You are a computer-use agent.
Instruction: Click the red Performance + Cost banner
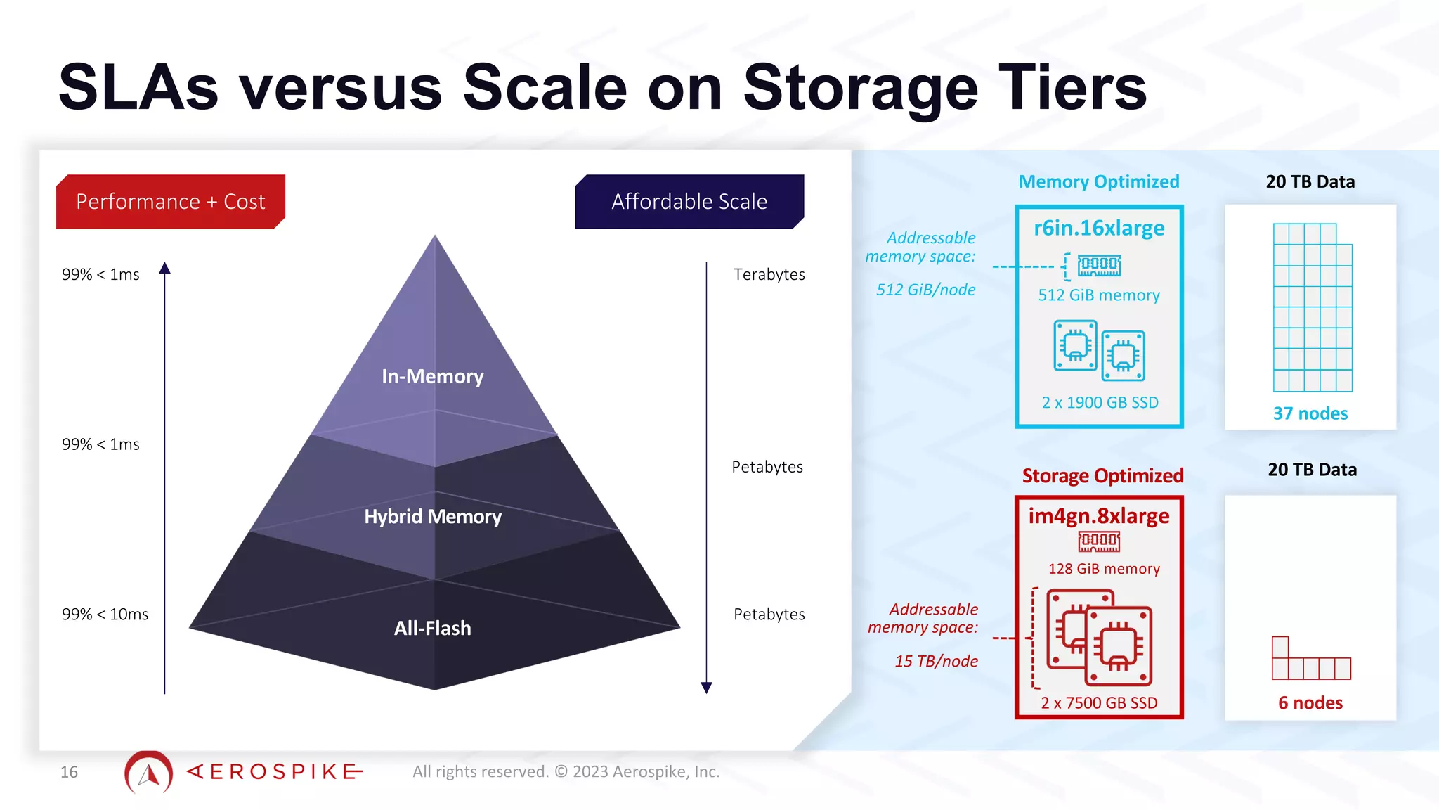click(170, 202)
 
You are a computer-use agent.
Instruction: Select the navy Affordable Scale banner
click(689, 202)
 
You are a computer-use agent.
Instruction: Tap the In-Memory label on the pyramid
click(433, 377)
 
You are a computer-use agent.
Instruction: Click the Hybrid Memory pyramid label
click(433, 517)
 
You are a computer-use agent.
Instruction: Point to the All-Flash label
click(432, 628)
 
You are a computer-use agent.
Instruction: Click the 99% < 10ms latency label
click(105, 615)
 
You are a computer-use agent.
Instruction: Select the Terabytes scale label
click(769, 274)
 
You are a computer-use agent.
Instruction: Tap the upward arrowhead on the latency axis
click(165, 268)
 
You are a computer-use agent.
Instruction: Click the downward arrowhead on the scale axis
click(707, 687)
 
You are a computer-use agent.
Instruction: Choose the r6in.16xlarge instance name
click(1099, 229)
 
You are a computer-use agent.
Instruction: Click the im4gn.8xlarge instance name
click(1099, 516)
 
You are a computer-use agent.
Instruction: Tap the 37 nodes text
click(1310, 413)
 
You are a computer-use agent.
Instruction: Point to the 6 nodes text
click(1310, 702)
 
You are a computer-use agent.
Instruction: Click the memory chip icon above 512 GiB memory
click(1099, 265)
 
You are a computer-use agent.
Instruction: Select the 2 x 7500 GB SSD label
click(1099, 703)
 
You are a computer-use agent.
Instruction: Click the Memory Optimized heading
click(1099, 182)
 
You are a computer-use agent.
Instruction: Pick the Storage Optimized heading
click(1102, 476)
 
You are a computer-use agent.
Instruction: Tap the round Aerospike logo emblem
click(148, 773)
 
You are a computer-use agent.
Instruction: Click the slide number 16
click(69, 772)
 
